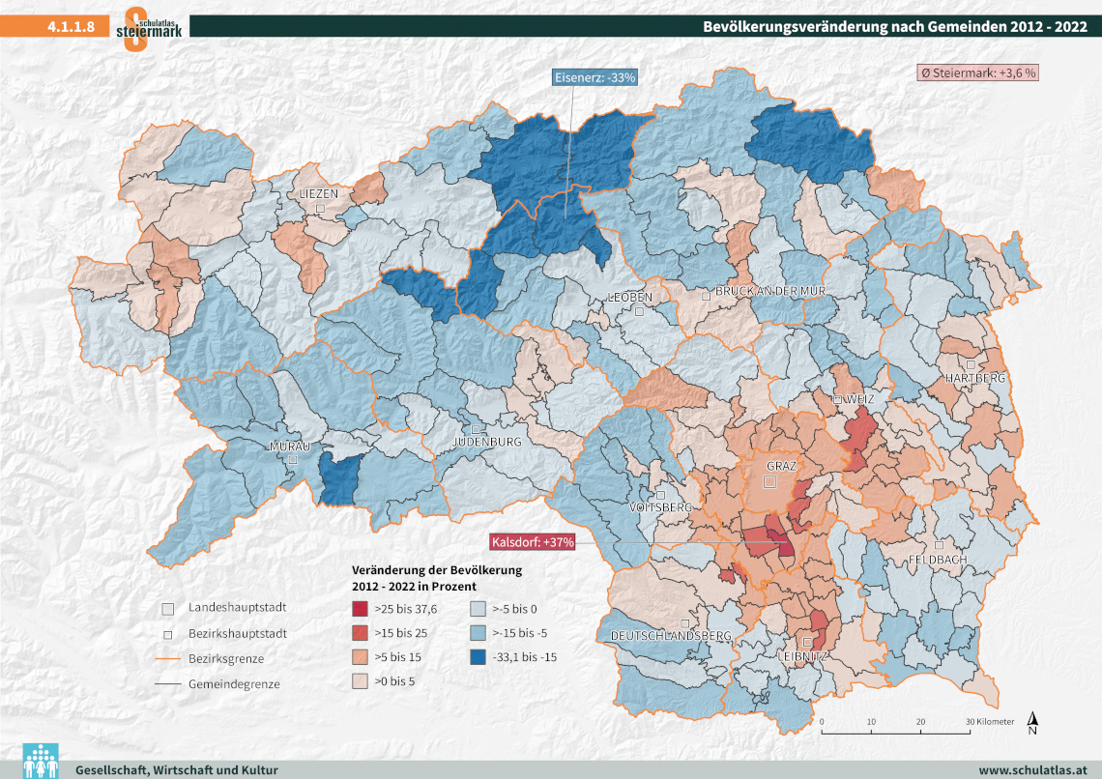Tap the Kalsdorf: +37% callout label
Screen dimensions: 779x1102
533,541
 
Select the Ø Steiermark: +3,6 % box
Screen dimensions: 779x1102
976,72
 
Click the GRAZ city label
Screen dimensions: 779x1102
781,466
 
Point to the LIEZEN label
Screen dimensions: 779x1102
319,194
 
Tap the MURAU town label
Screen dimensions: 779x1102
289,447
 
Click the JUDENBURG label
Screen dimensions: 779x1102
487,442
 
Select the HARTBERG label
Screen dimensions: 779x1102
975,377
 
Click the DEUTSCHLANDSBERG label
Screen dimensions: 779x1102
670,636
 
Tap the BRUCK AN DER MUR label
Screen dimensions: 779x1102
768,291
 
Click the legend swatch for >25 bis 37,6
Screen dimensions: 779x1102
360,610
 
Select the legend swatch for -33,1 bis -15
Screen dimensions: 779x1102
478,657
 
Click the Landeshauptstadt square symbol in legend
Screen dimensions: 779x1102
167,610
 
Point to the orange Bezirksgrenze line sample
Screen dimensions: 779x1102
167,659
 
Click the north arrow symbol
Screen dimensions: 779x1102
1032,722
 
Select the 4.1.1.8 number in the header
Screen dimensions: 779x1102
70,26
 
